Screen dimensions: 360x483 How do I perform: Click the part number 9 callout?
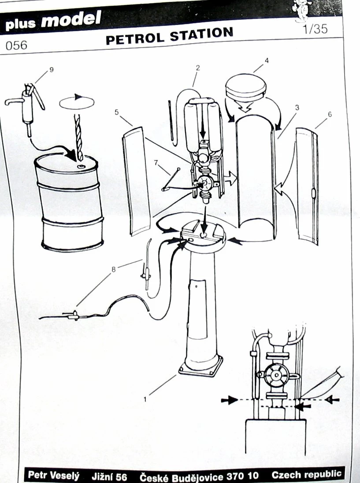pyautogui.click(x=52, y=70)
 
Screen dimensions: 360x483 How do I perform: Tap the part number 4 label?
pyautogui.click(x=267, y=60)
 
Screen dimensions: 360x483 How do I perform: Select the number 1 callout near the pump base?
pyautogui.click(x=145, y=400)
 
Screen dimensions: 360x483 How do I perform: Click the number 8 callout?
pyautogui.click(x=113, y=269)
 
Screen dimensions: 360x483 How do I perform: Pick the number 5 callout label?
pyautogui.click(x=116, y=112)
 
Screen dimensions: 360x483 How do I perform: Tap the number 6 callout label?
pyautogui.click(x=330, y=114)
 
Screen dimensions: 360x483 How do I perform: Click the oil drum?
pyautogui.click(x=69, y=203)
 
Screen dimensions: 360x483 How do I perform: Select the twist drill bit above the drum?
pyautogui.click(x=79, y=137)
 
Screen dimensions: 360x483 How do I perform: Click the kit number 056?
pyautogui.click(x=16, y=45)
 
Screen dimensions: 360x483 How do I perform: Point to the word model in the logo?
pyautogui.click(x=71, y=19)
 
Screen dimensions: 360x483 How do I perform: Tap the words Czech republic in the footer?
pyautogui.click(x=306, y=474)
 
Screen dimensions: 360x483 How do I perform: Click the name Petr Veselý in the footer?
pyautogui.click(x=54, y=476)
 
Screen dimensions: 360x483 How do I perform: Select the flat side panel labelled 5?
pyautogui.click(x=136, y=181)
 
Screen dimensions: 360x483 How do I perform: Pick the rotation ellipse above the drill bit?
pyautogui.click(x=76, y=103)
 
